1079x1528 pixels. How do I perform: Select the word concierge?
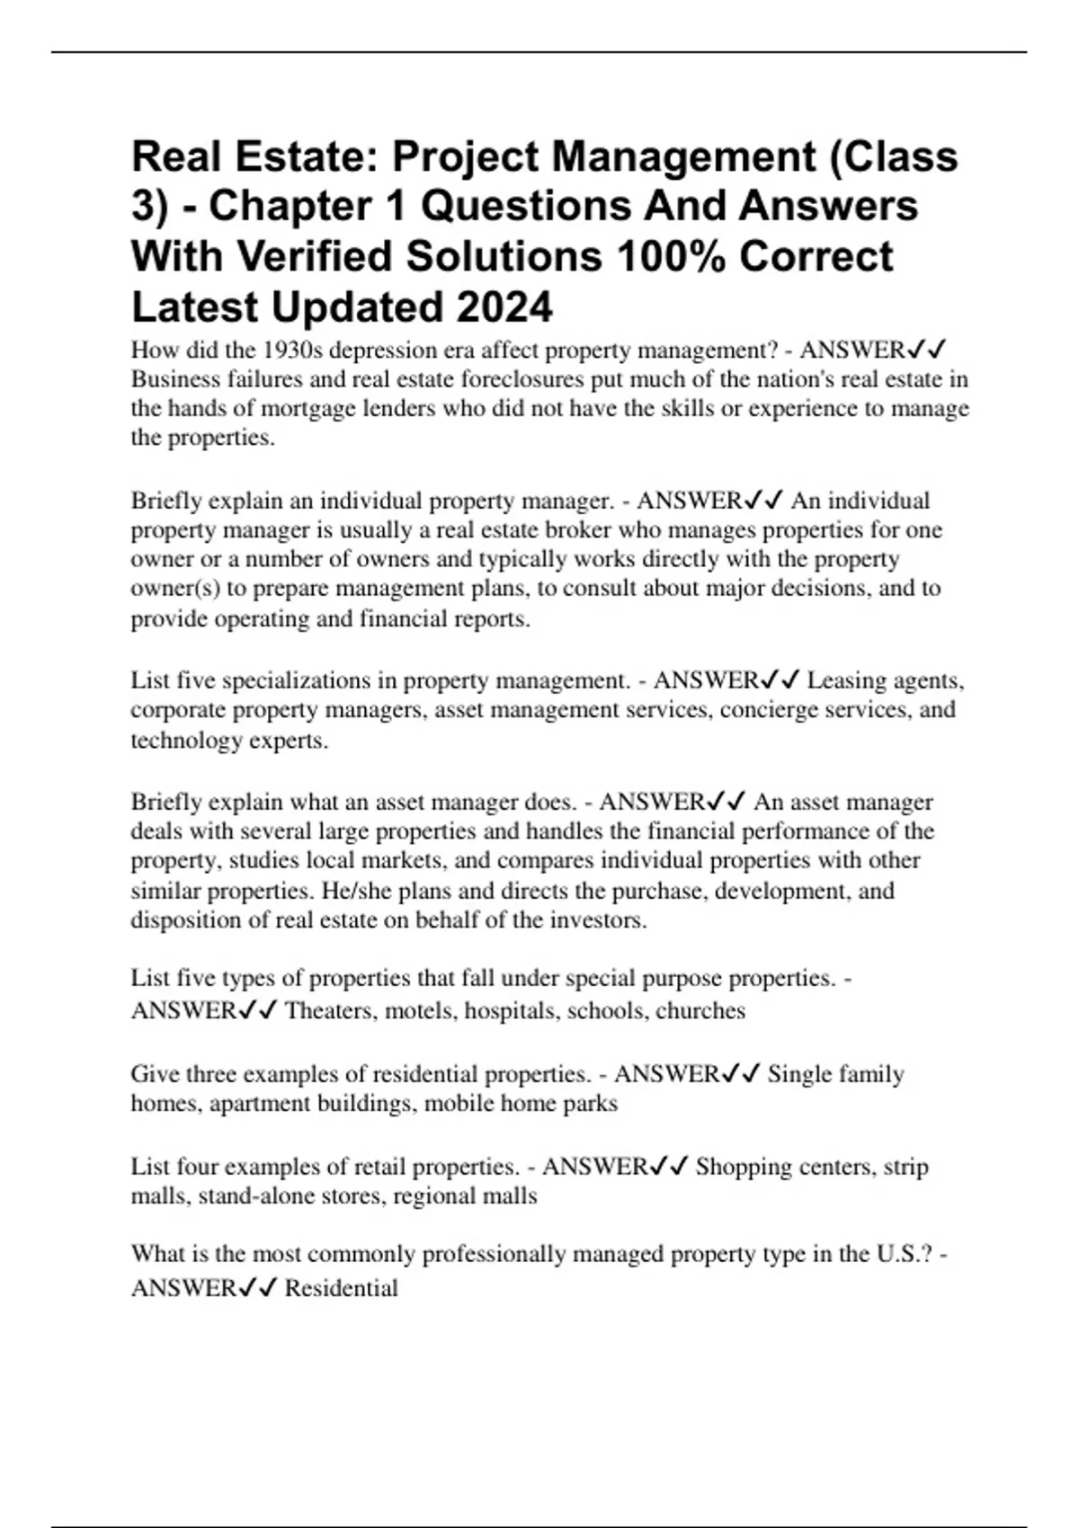point(769,710)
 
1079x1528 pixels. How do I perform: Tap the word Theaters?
point(330,1011)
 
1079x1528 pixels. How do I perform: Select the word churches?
point(700,1011)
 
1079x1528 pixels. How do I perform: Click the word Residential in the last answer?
point(342,1288)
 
